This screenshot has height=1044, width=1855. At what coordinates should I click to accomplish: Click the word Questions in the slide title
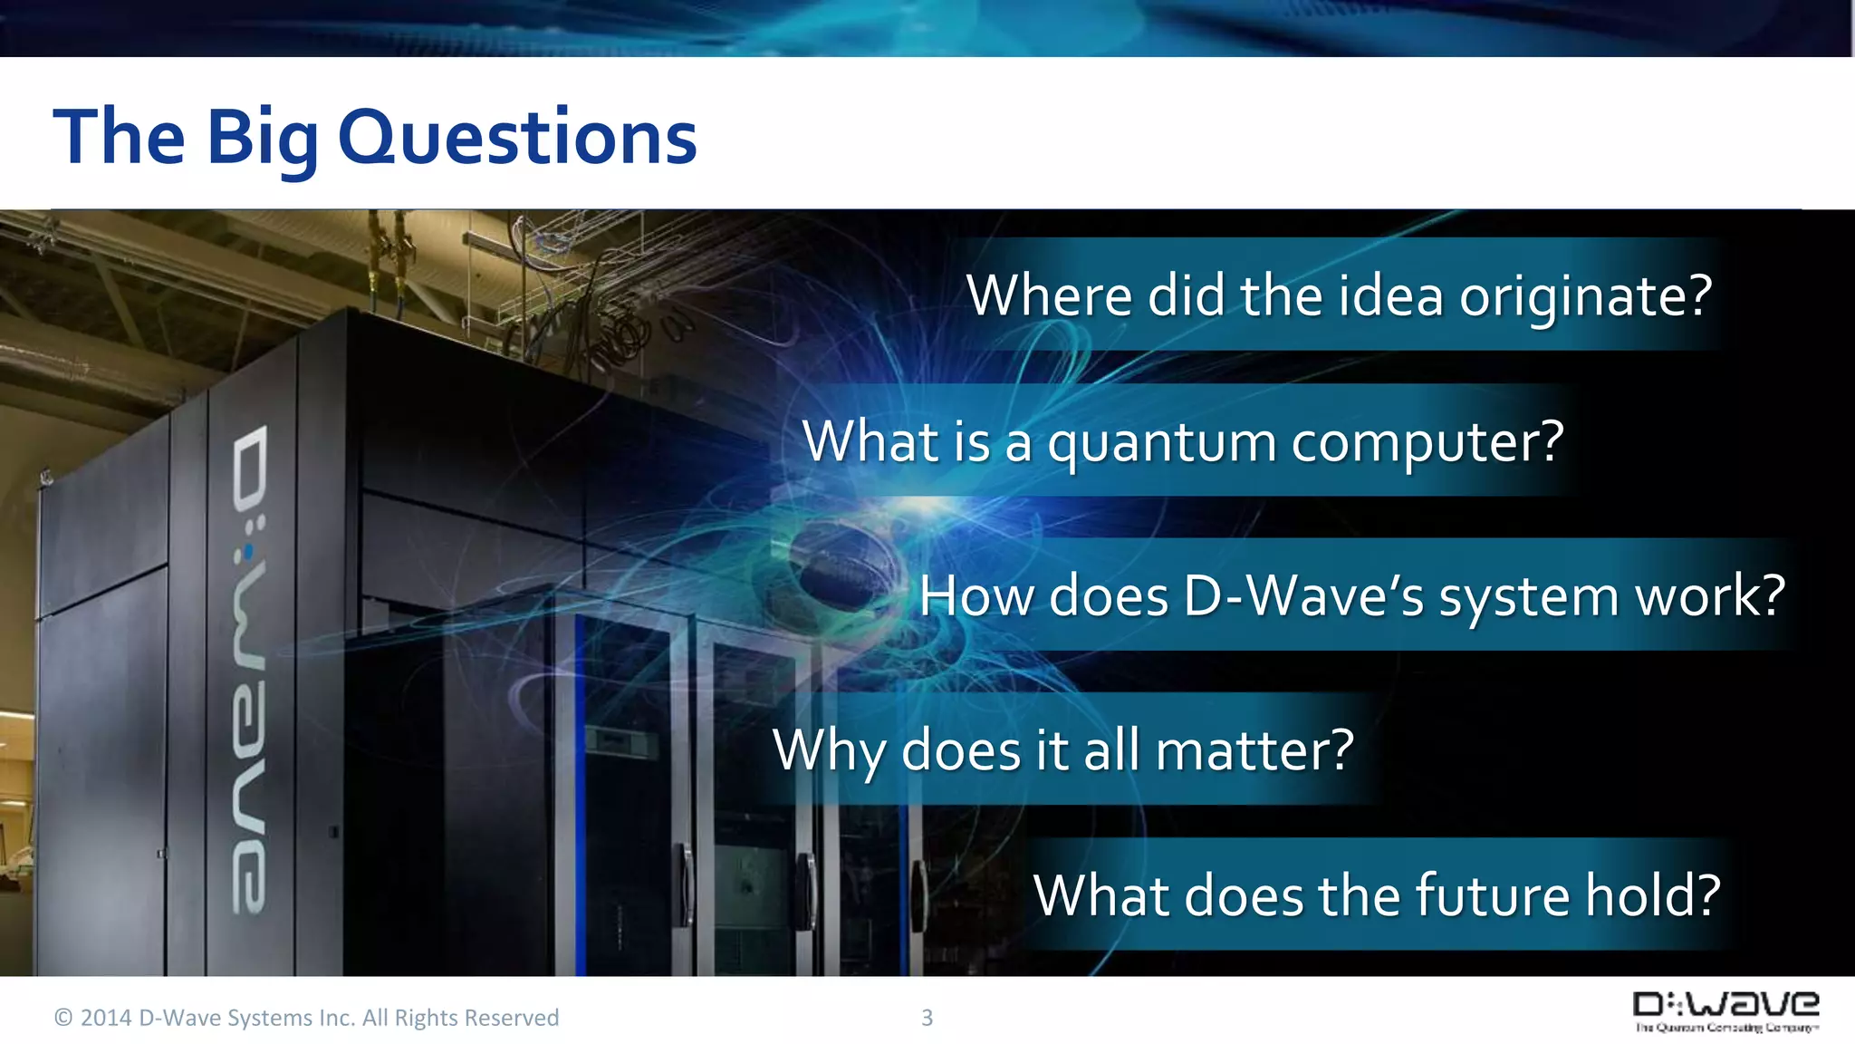[x=517, y=138]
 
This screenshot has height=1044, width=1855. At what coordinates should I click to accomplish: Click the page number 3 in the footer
[x=927, y=1018]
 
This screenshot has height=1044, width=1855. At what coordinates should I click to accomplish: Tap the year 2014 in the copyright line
[x=106, y=1018]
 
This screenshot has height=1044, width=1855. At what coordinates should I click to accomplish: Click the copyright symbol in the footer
[x=63, y=1018]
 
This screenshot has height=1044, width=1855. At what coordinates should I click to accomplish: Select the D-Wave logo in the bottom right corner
[x=1725, y=1011]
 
